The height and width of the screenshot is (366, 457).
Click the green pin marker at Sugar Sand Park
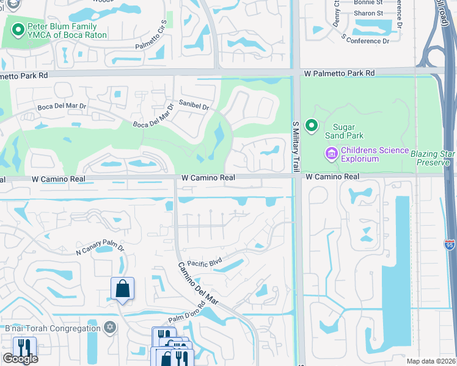coord(312,126)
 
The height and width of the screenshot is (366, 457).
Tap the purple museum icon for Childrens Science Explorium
coord(332,154)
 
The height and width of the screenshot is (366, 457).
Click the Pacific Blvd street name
coord(204,262)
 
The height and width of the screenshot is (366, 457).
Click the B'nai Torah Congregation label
coord(53,328)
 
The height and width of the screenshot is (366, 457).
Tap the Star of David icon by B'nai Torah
coord(110,328)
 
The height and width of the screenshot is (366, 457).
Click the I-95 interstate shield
coord(448,244)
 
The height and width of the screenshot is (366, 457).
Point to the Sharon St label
coord(368,12)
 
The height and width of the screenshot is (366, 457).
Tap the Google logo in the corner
coord(20,358)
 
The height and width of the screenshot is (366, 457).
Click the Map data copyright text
coord(431,361)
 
